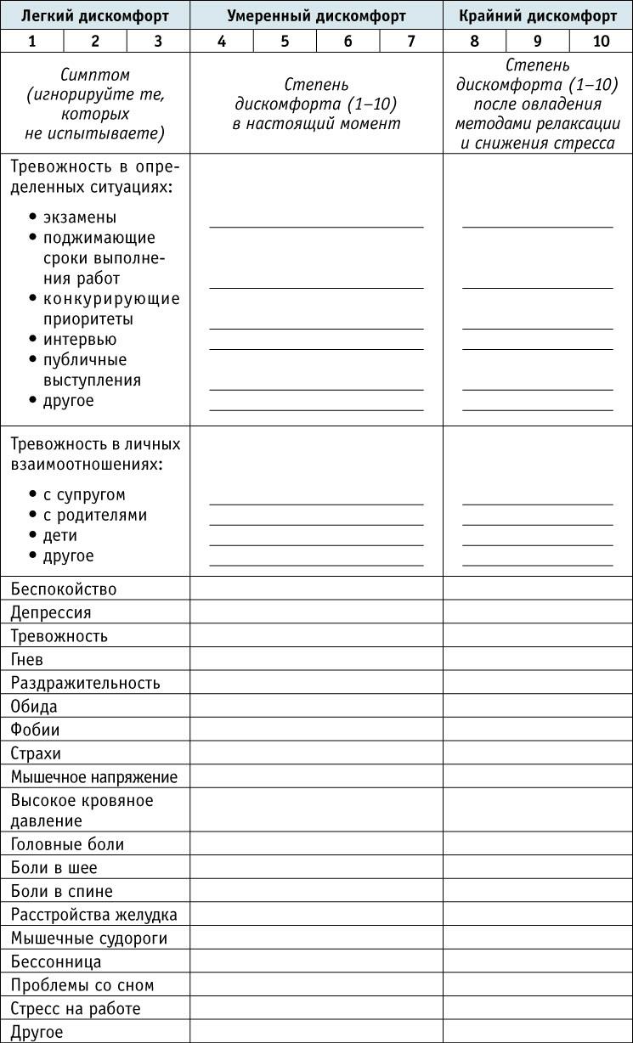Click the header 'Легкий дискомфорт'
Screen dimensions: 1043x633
pyautogui.click(x=95, y=15)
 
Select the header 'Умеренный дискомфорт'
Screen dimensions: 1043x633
pyautogui.click(x=316, y=15)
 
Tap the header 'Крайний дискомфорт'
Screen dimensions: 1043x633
pyautogui.click(x=538, y=15)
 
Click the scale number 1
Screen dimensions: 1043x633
pyautogui.click(x=32, y=41)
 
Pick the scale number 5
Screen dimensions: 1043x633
pyautogui.click(x=285, y=41)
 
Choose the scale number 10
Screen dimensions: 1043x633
pyautogui.click(x=601, y=41)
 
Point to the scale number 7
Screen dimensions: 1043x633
pyautogui.click(x=411, y=41)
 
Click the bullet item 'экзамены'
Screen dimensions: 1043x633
pyautogui.click(x=79, y=217)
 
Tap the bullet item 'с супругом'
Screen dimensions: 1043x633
pyautogui.click(x=84, y=494)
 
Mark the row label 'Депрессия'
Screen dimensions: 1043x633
pyautogui.click(x=51, y=612)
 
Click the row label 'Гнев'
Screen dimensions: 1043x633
pyautogui.click(x=27, y=659)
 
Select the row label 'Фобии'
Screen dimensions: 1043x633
pyautogui.click(x=36, y=730)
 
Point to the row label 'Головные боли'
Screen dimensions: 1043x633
pyautogui.click(x=68, y=844)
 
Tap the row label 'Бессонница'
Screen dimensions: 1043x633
pyautogui.click(x=56, y=961)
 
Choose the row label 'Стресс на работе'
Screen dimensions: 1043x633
pyautogui.click(x=76, y=1009)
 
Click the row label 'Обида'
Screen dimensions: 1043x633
pyautogui.click(x=34, y=706)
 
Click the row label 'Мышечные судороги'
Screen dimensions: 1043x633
pyautogui.click(x=89, y=939)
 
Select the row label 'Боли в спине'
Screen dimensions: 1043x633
pyautogui.click(x=62, y=891)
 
